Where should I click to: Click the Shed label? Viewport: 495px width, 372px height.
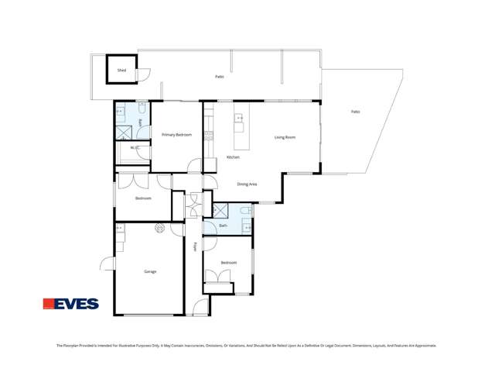tap(121, 71)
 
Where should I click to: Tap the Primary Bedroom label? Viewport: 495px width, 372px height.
tap(176, 135)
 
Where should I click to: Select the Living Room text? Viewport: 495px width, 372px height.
tap(285, 137)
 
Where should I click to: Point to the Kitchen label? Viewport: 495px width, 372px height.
tap(233, 157)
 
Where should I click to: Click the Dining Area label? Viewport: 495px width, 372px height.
tap(247, 184)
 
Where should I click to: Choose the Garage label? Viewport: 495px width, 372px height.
tap(150, 271)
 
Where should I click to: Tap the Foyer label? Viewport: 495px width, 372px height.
tap(195, 246)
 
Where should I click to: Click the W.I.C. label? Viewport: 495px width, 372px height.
tap(135, 148)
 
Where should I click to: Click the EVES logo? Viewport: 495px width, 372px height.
tap(70, 304)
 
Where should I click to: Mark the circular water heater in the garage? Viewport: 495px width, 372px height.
tap(160, 228)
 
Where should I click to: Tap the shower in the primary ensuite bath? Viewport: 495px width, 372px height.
tap(124, 133)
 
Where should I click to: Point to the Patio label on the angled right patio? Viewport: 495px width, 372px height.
tap(355, 112)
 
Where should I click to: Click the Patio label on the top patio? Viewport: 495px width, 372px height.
tap(220, 77)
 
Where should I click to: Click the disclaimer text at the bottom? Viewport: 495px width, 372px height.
tap(247, 346)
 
